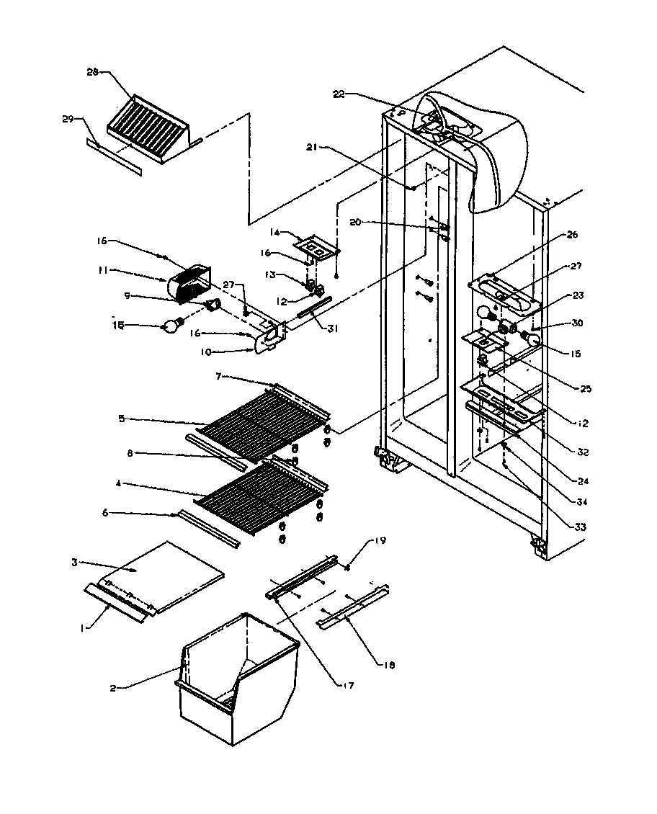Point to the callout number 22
[x=339, y=94]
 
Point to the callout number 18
[x=389, y=665]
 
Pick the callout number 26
[x=573, y=234]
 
